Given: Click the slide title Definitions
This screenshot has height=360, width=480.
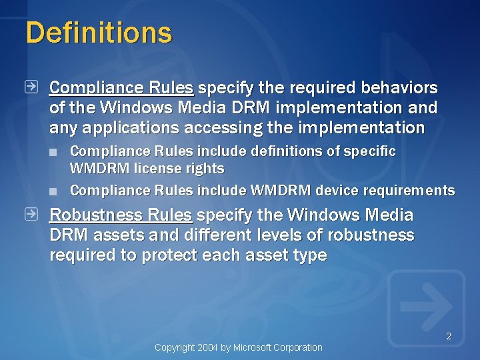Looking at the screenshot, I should point(99,33).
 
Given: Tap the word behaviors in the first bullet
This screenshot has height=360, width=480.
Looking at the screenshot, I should point(399,87).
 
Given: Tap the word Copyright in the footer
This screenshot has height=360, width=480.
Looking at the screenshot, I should point(175,347).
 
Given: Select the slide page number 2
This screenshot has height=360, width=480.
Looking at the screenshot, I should point(449,337).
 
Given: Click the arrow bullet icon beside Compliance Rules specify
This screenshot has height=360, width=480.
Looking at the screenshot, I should point(31,87).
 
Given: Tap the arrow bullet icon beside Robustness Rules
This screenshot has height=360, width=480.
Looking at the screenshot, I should point(31,214).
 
